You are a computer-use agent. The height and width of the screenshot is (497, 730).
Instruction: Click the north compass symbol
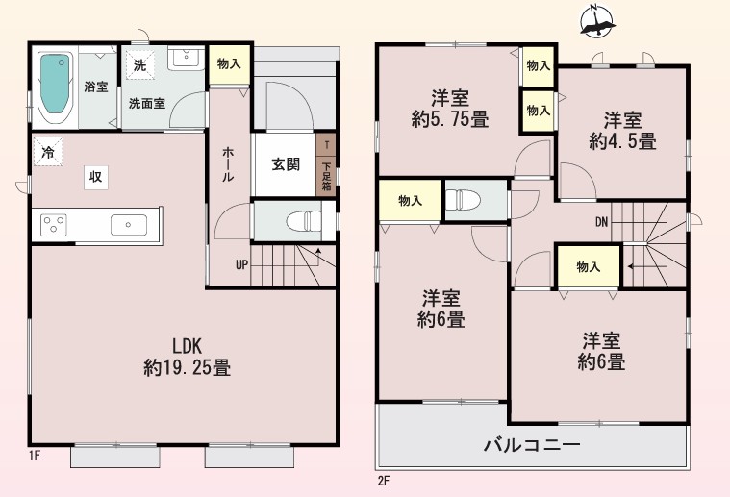click(x=597, y=21)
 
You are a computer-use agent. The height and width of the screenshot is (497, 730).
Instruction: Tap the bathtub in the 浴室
click(x=55, y=87)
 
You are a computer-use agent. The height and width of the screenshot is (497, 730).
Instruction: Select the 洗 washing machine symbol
click(x=139, y=64)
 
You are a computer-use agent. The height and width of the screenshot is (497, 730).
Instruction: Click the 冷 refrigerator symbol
click(x=47, y=151)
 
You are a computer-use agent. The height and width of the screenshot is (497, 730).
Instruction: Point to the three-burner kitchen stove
click(x=54, y=225)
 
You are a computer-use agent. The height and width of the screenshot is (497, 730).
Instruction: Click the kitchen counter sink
click(x=129, y=225)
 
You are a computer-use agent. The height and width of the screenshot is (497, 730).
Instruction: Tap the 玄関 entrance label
click(x=286, y=164)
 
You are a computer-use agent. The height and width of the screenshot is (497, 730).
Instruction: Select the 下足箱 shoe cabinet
click(x=326, y=176)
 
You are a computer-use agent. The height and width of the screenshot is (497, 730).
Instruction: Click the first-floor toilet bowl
click(x=304, y=220)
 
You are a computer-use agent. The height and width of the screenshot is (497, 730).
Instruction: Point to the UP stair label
click(x=241, y=265)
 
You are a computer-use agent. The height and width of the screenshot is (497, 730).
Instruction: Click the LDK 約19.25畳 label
click(x=188, y=357)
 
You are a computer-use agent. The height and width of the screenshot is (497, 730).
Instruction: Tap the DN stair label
click(x=601, y=222)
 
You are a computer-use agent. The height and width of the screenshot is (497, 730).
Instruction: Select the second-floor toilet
click(x=464, y=201)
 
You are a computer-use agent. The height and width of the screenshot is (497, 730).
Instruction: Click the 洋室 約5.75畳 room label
click(x=450, y=109)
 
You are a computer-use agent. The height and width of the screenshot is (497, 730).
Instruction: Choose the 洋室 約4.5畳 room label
click(x=622, y=131)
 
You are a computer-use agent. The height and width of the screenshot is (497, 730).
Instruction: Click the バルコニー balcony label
click(x=533, y=445)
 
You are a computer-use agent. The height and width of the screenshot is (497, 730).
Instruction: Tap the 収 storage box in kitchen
click(x=96, y=177)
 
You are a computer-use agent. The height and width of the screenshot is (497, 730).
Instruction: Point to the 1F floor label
click(x=34, y=455)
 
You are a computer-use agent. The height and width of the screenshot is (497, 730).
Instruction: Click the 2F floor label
click(x=383, y=481)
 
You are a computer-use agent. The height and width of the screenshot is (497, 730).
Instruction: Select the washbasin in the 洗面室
click(x=187, y=59)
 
